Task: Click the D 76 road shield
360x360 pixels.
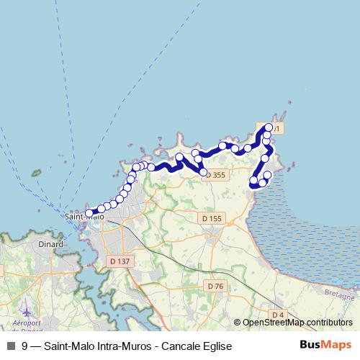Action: [x=215, y=286]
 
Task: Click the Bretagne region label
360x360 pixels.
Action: [x=339, y=295]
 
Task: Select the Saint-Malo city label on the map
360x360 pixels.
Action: [x=84, y=216]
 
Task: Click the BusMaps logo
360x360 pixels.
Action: [x=326, y=346]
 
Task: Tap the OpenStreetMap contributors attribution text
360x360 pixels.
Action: [x=297, y=323]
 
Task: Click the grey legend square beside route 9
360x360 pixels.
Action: [x=11, y=346]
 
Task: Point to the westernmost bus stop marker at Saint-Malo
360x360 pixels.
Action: [x=89, y=213]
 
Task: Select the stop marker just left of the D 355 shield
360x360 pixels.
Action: [x=203, y=173]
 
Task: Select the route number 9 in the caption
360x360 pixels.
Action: [x=25, y=346]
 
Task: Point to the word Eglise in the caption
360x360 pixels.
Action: [x=216, y=346]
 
